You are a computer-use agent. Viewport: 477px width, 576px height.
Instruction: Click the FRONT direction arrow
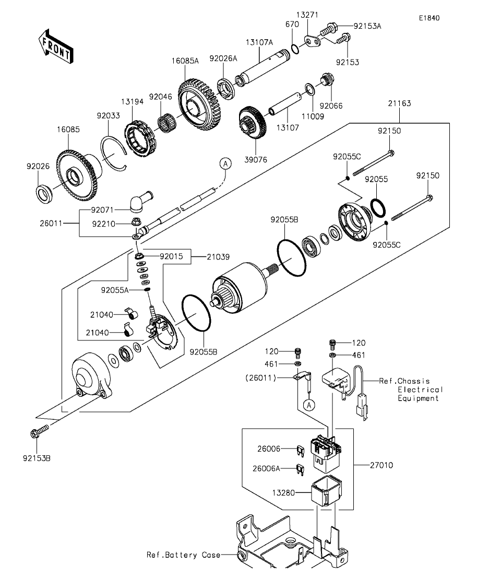tap(56, 46)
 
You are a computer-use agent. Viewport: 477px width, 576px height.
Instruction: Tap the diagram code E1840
tap(430, 18)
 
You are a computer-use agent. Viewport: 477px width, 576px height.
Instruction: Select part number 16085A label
tap(185, 61)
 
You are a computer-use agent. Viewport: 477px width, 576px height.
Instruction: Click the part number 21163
tap(400, 103)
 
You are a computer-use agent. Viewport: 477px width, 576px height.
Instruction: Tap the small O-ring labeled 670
tap(295, 48)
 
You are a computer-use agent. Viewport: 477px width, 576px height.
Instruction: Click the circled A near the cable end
tap(225, 163)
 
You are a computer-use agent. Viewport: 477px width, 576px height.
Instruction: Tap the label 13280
tap(283, 492)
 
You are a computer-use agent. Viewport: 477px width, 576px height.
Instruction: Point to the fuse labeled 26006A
tap(300, 470)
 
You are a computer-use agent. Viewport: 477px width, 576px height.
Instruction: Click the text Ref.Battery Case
tap(183, 555)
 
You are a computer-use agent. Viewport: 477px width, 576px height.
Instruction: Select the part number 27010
tap(381, 465)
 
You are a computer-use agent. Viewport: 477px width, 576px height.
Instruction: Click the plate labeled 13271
tap(312, 41)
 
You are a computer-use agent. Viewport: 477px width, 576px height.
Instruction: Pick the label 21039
tap(218, 257)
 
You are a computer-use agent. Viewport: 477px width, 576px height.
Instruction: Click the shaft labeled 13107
tap(285, 104)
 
